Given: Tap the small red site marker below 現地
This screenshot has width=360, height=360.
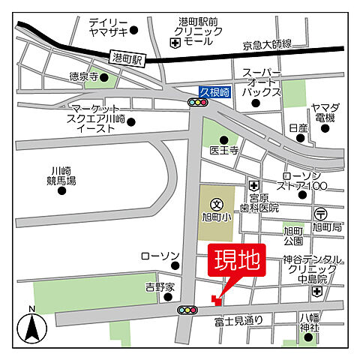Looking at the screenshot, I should tap(215, 300).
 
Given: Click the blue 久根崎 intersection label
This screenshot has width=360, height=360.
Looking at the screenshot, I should tap(214, 90).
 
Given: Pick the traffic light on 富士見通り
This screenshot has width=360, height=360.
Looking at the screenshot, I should tap(187, 310).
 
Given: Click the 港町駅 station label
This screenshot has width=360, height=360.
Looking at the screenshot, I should tap(126, 58).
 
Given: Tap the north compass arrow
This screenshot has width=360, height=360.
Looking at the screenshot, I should tap(32, 327).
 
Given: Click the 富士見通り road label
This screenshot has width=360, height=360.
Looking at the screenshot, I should tap(238, 320).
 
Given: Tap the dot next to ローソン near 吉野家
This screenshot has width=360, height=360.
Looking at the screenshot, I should tap(175, 265).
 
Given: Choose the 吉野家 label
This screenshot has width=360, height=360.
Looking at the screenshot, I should tap(160, 287).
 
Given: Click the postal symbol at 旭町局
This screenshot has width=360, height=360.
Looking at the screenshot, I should tap(321, 213).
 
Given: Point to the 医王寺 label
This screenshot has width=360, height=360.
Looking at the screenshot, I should tap(223, 151).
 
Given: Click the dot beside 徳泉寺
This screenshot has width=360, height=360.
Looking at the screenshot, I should tap(105, 76).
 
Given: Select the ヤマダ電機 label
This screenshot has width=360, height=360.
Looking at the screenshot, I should tap(325, 113).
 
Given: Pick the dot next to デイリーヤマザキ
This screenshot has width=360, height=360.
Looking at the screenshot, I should tap(134, 31).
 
